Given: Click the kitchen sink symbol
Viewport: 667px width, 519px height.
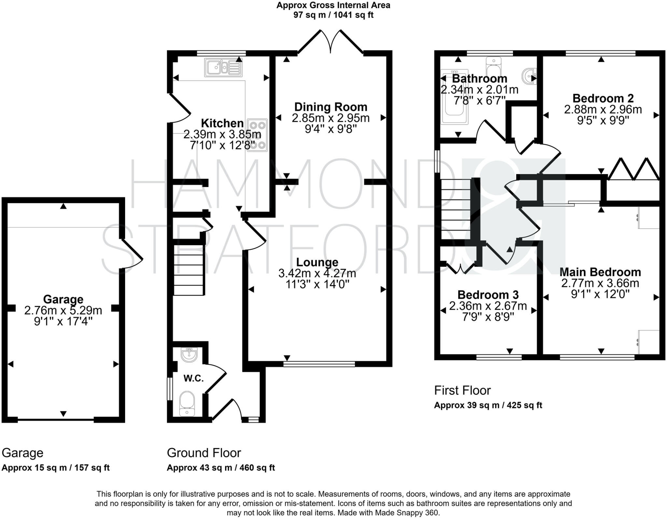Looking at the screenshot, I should pyautogui.click(x=223, y=67).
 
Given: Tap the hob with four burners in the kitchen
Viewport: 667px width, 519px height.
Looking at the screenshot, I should pyautogui.click(x=257, y=135).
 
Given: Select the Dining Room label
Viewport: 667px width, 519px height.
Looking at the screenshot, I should pyautogui.click(x=331, y=107).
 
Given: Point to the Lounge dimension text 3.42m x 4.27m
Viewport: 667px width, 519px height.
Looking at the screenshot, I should pyautogui.click(x=317, y=273).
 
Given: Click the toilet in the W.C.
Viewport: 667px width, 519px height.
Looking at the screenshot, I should pyautogui.click(x=187, y=403).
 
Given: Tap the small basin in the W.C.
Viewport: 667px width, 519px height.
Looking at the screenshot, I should pyautogui.click(x=189, y=355).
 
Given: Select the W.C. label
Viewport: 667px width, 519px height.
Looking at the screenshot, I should pyautogui.click(x=193, y=378).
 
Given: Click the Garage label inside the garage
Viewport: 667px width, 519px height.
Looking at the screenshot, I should pyautogui.click(x=63, y=299).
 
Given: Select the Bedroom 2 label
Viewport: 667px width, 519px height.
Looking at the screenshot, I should pyautogui.click(x=603, y=98).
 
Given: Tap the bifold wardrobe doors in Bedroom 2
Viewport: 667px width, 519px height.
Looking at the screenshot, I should pyautogui.click(x=633, y=169).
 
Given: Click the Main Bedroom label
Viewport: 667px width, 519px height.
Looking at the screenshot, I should pyautogui.click(x=600, y=272).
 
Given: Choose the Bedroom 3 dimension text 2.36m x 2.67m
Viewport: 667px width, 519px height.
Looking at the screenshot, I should pyautogui.click(x=488, y=306).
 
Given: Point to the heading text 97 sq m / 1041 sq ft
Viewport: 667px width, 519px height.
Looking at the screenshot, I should pyautogui.click(x=333, y=15).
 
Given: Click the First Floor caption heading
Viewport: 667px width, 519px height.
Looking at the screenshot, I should pyautogui.click(x=462, y=390).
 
